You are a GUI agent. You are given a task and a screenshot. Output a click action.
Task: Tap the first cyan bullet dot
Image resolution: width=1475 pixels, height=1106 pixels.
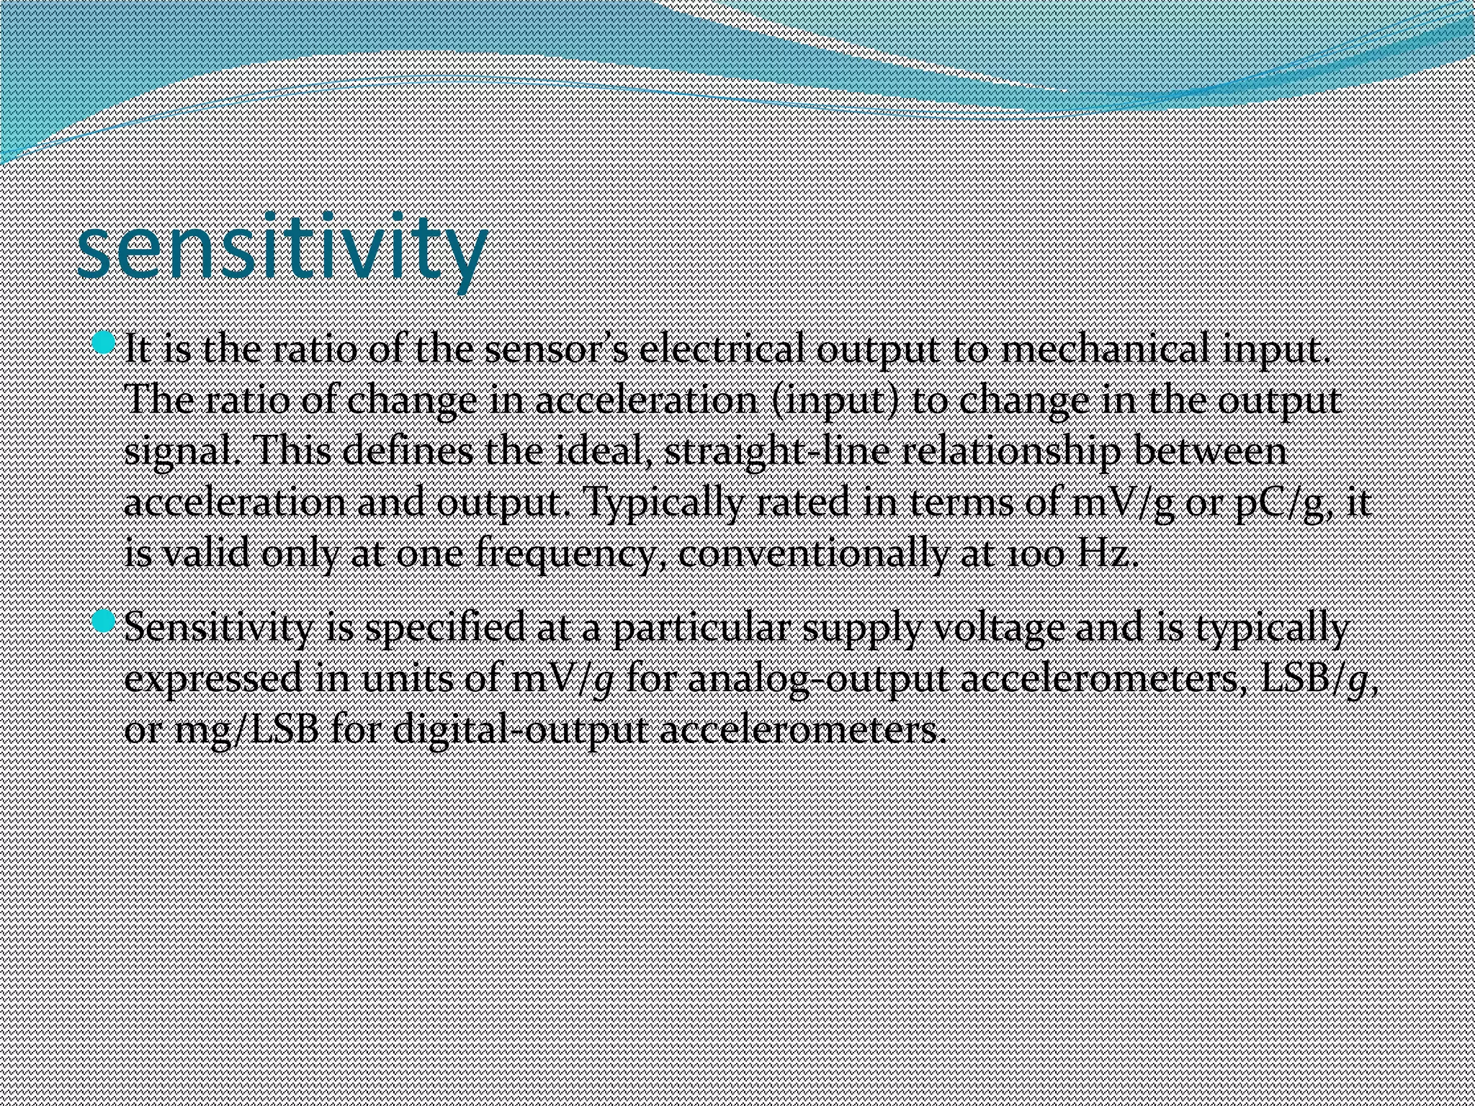(104, 343)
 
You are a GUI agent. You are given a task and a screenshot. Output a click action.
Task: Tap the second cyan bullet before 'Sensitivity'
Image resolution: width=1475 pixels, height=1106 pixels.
(104, 621)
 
